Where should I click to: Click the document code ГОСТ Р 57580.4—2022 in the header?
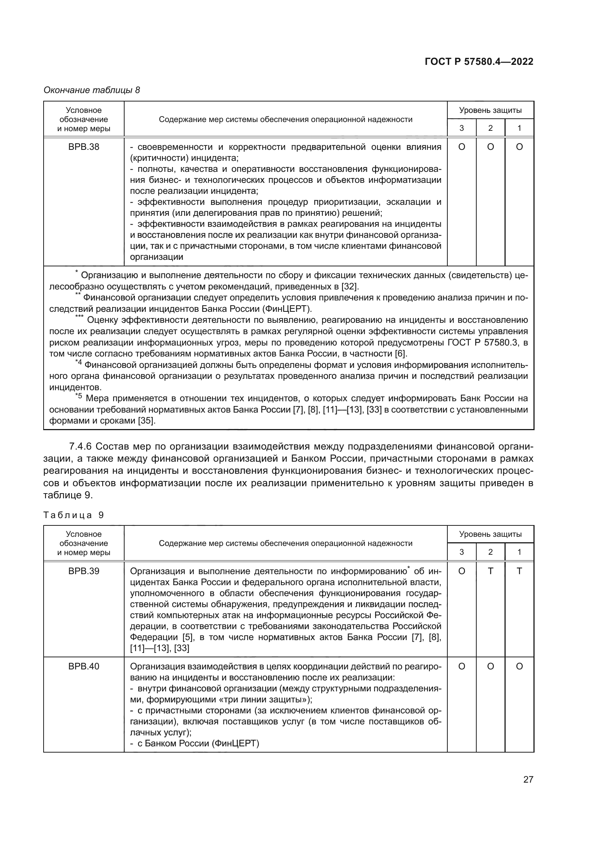click(x=479, y=62)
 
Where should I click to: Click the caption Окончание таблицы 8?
click(x=92, y=90)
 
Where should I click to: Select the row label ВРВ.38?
click(x=84, y=147)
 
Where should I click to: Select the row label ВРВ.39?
click(x=84, y=571)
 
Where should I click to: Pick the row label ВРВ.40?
click(x=84, y=666)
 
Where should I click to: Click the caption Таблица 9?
click(x=74, y=515)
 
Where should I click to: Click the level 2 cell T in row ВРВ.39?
click(x=490, y=571)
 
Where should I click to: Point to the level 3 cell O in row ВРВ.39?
click(x=462, y=571)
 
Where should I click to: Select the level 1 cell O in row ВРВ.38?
click(x=519, y=147)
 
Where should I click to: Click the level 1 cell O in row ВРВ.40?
click(x=519, y=666)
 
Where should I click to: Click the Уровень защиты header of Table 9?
click(x=490, y=534)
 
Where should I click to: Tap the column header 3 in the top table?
click(x=462, y=128)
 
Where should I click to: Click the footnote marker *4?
click(x=78, y=363)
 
